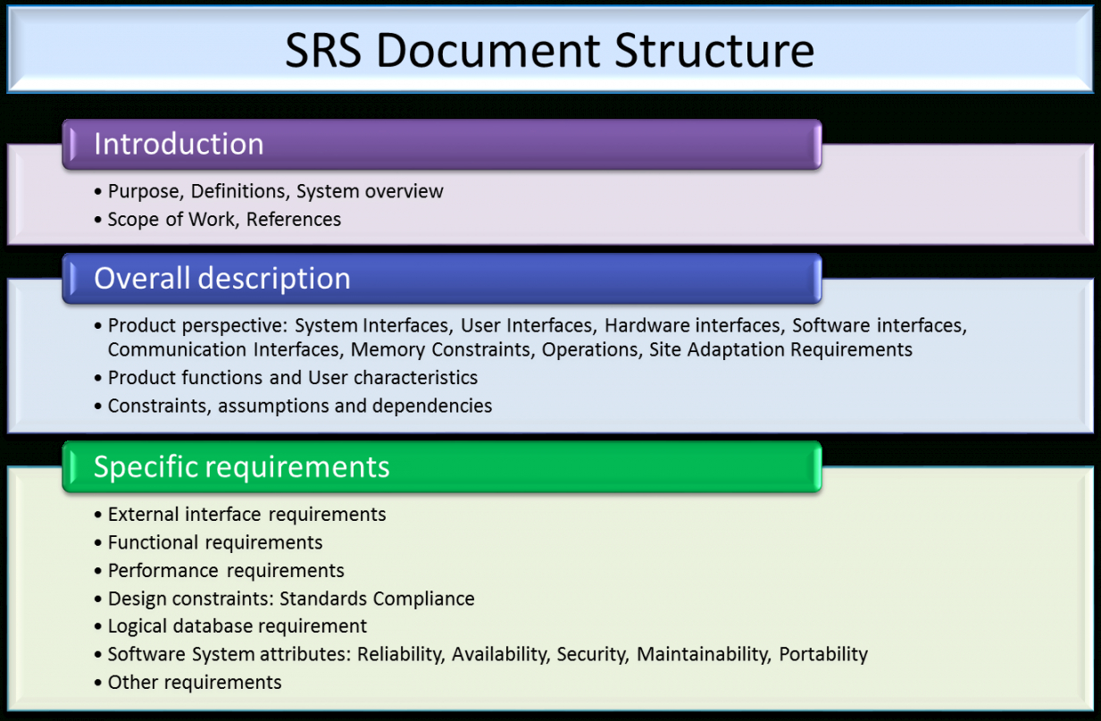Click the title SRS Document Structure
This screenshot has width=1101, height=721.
pyautogui.click(x=549, y=51)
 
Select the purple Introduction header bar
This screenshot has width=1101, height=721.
pyautogui.click(x=441, y=145)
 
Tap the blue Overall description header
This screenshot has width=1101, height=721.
pyautogui.click(x=441, y=279)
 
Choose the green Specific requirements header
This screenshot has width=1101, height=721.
pyautogui.click(x=441, y=467)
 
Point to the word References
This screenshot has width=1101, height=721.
pyautogui.click(x=294, y=220)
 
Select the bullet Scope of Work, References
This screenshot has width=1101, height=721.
pyautogui.click(x=223, y=220)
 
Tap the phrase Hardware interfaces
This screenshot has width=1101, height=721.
pyautogui.click(x=693, y=326)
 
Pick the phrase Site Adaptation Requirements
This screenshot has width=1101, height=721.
pyautogui.click(x=780, y=349)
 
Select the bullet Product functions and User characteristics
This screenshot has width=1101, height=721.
pyautogui.click(x=292, y=378)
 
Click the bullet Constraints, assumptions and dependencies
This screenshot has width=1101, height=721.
pyautogui.click(x=299, y=407)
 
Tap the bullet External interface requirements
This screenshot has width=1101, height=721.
pyautogui.click(x=246, y=515)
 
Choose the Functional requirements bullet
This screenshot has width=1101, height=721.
pyautogui.click(x=214, y=542)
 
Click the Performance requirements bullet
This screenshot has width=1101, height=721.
pyautogui.click(x=225, y=571)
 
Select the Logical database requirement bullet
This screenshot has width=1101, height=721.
pyautogui.click(x=237, y=626)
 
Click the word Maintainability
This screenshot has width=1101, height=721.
pyautogui.click(x=702, y=655)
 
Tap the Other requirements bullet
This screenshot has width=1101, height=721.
pyautogui.click(x=194, y=683)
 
